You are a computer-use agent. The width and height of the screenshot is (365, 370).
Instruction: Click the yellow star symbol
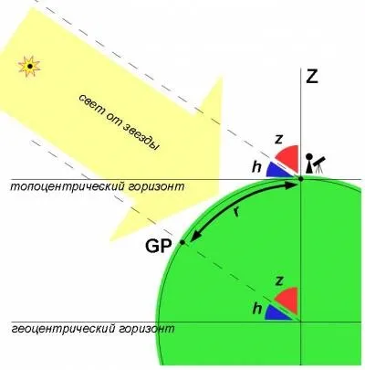pos(29,66)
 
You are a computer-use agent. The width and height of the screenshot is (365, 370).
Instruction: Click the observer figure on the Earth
pos(308,164)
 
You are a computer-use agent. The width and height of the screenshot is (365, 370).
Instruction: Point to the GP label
pos(158,246)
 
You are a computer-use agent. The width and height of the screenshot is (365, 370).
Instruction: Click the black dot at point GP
pos(182,242)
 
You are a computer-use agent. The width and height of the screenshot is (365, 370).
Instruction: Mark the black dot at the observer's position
pos(300,179)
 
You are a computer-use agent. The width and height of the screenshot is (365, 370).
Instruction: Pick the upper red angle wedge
pos(288,158)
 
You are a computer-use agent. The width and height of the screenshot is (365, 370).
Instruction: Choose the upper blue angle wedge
pos(278,170)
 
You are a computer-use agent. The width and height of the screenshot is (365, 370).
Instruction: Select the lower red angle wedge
pos(287,301)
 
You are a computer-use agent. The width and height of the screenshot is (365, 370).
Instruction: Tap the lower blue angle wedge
pos(277,312)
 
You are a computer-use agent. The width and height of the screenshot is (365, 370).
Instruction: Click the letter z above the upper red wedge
pos(278,140)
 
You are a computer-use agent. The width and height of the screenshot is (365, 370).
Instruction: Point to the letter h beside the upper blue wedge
pos(256,166)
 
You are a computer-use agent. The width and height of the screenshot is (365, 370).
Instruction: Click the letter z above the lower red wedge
pos(278,280)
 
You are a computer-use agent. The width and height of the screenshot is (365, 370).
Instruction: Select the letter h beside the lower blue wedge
pos(257,309)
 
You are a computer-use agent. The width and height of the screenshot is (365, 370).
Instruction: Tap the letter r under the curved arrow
pos(236,211)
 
